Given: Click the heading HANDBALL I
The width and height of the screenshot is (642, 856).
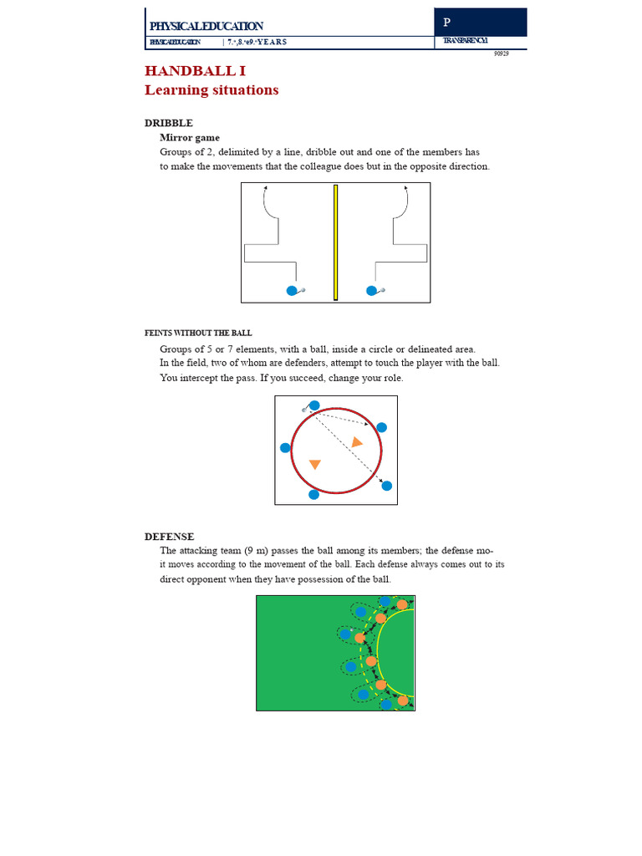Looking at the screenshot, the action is (x=195, y=71).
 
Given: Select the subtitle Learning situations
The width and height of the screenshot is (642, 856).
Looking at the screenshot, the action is (x=211, y=90).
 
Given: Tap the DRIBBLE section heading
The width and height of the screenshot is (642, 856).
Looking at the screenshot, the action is (x=169, y=123).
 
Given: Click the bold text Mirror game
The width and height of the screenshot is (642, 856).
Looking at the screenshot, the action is (x=190, y=137).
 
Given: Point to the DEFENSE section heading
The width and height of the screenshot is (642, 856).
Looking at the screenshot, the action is (x=169, y=537).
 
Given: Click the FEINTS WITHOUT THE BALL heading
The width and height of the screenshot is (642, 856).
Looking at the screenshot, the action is (x=198, y=333).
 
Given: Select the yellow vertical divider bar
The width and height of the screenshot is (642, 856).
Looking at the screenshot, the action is (x=335, y=242).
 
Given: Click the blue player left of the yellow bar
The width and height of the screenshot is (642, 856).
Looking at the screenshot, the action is (x=292, y=291).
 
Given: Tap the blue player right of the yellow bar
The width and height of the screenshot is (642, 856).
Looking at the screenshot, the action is (x=371, y=291).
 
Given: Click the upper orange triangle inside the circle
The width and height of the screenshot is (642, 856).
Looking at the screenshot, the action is (x=357, y=441).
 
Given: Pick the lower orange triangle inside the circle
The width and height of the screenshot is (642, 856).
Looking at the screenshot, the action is (x=315, y=464).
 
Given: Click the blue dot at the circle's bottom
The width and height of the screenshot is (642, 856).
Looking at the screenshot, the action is (x=314, y=495).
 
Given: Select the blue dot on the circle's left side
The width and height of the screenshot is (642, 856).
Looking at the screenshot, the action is (x=285, y=448).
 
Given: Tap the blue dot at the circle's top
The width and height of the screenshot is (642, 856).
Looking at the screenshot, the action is (x=314, y=405).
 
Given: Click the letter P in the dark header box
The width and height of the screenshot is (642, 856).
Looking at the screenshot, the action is (x=447, y=23).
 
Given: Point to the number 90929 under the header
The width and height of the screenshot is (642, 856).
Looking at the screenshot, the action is (x=501, y=53).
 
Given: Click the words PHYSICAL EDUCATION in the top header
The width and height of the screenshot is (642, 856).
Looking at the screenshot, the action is (x=206, y=27).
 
